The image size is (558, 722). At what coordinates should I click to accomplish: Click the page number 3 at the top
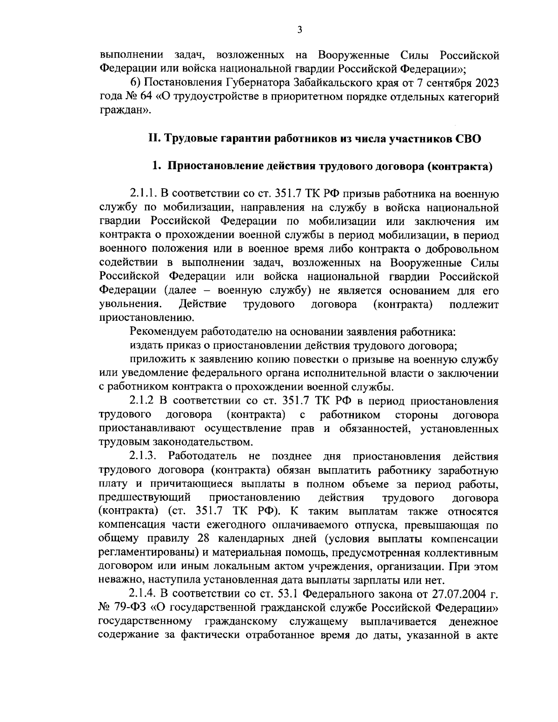pyautogui.click(x=299, y=30)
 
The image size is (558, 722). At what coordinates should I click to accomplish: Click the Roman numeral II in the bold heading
pyautogui.click(x=153, y=139)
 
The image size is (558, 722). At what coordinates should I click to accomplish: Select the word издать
pyautogui.click(x=144, y=346)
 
